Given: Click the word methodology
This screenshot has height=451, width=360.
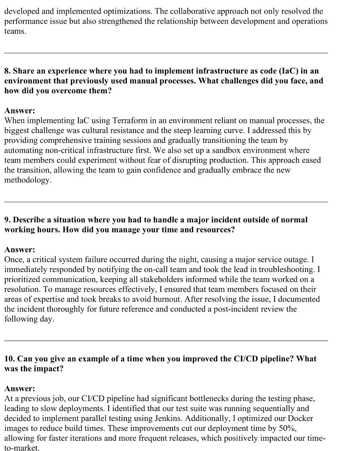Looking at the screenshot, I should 27,180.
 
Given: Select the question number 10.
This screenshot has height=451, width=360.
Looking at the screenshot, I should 10,359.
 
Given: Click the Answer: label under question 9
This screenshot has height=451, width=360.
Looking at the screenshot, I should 19,250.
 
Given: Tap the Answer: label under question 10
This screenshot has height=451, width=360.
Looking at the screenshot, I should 19,389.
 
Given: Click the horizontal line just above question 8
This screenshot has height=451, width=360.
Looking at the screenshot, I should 166,53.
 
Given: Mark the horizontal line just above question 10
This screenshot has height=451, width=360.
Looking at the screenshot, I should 166,341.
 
